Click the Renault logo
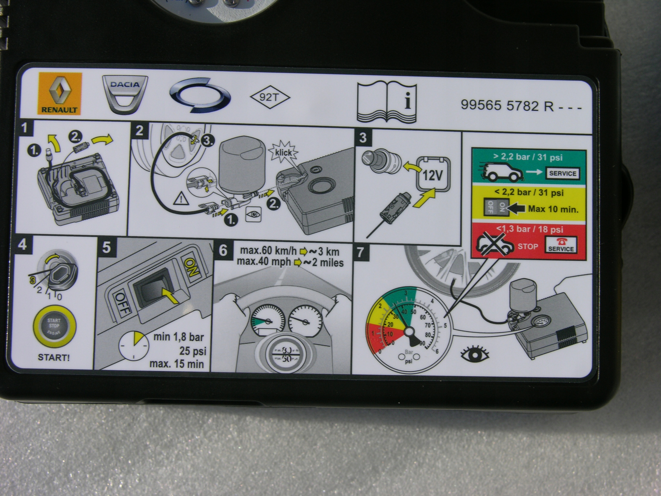coord(59,93)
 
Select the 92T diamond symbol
coord(270,97)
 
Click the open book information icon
coord(387,102)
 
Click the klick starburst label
coord(284,152)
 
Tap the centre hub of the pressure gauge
coord(408,331)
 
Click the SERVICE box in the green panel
coord(563,173)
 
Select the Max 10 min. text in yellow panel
coord(553,209)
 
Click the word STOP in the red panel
coord(528,247)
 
